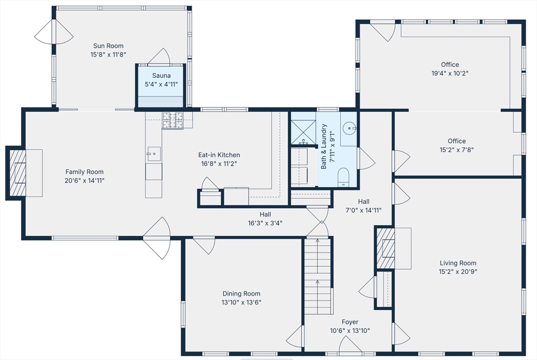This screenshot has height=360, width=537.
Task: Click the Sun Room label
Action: tap(108, 46)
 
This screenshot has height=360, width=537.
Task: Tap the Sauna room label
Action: tap(162, 75)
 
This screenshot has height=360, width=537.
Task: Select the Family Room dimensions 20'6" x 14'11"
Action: tap(84, 181)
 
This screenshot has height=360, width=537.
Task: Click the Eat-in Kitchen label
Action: tap(219, 155)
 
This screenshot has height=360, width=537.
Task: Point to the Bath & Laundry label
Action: tap(324, 147)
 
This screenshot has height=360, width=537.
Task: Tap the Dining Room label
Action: tap(241, 293)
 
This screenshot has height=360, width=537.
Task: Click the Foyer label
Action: tap(350, 322)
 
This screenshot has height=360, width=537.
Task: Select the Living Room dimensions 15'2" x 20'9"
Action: tap(458, 272)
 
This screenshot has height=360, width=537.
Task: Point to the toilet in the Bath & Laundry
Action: tap(343, 177)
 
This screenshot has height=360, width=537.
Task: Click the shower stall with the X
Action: tap(303, 132)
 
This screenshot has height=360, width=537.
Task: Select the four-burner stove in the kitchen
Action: tap(173, 121)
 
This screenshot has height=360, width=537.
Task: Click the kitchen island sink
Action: tap(154, 154)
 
